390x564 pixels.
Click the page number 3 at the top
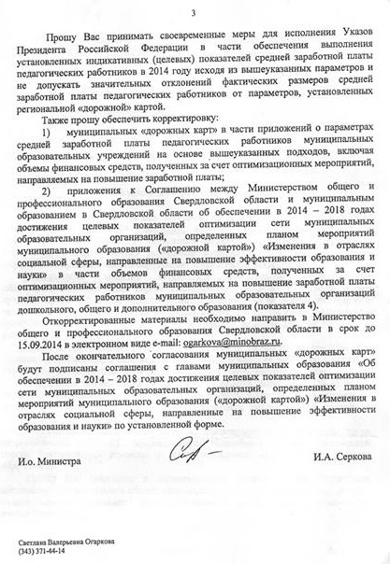pyautogui.click(x=194, y=13)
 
